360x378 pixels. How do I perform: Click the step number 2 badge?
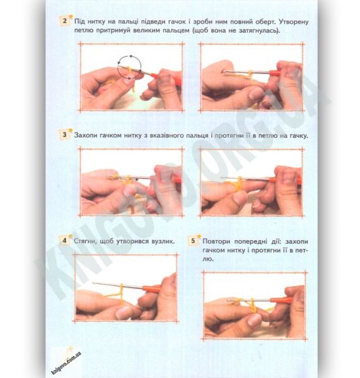pos(65,21)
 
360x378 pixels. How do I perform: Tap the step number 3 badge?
pos(64,134)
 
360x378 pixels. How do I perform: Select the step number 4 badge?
pos(64,241)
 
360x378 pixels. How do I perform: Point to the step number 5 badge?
pos(193,241)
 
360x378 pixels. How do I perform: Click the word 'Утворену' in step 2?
pos(294,21)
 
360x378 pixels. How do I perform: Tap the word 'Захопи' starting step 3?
pos(86,135)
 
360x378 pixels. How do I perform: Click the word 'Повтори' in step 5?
pos(216,241)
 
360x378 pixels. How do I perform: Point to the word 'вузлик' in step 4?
pos(163,241)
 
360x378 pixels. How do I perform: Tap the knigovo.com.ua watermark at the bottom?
pos(66,363)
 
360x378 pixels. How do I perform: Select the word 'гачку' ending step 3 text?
pos(298,135)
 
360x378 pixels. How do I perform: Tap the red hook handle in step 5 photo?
pos(281,301)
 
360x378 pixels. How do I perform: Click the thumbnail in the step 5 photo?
pos(254,320)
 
